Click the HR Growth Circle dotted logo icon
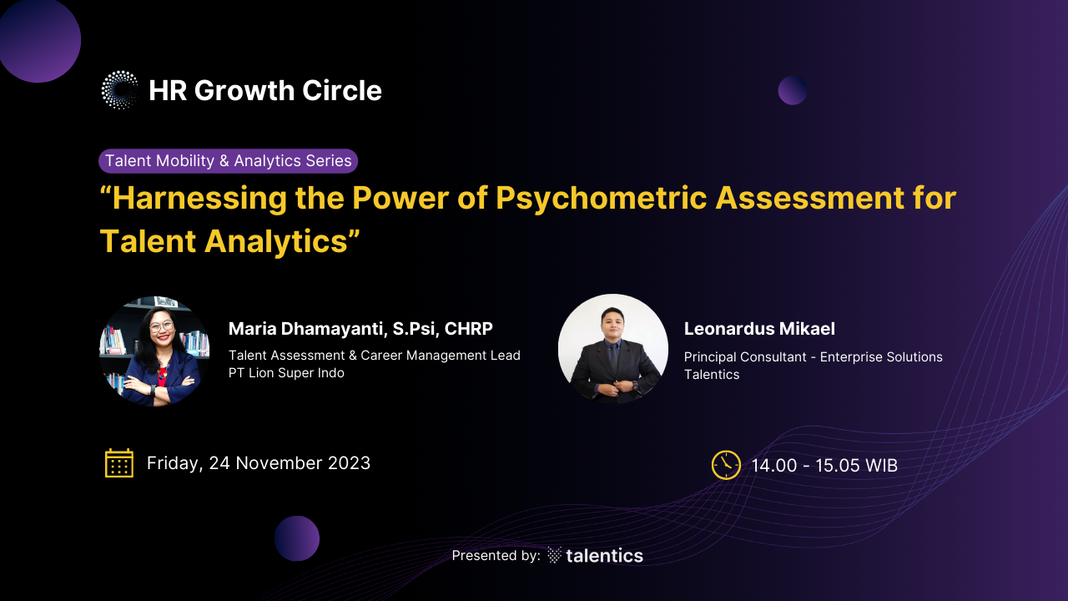[119, 90]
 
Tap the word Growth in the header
[244, 90]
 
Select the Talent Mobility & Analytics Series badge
[228, 161]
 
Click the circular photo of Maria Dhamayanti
[154, 351]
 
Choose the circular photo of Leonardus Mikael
[613, 349]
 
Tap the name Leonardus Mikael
[759, 329]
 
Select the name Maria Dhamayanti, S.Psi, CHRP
[360, 329]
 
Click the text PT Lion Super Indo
[286, 372]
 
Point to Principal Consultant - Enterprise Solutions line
[814, 356]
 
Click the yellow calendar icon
[119, 462]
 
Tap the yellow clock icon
[726, 465]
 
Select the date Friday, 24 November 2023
[259, 463]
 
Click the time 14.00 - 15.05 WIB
[824, 466]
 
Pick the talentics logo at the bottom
[595, 556]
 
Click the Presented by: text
[496, 556]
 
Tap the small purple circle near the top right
[793, 90]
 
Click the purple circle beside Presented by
[296, 538]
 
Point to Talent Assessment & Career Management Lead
[375, 356]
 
